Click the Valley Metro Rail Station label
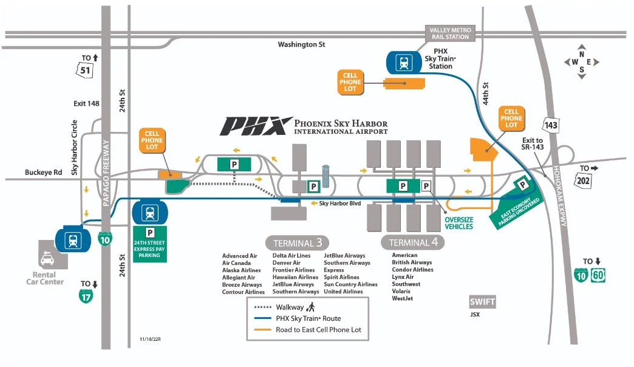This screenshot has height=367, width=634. point(450,33)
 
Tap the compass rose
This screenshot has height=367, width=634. point(581,61)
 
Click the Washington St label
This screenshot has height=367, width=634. point(301,44)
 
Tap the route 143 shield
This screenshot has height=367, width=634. point(550,125)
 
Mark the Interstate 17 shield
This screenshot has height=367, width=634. point(86,296)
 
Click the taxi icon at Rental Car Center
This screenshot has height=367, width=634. point(47,260)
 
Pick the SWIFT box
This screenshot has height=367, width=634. point(482,302)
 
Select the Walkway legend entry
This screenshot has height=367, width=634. point(285,307)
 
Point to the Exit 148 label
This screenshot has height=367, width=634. point(86,103)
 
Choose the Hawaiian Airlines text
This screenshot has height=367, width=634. point(295,277)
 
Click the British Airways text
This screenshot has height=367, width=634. point(412,262)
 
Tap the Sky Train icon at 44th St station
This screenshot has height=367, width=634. point(403,61)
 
